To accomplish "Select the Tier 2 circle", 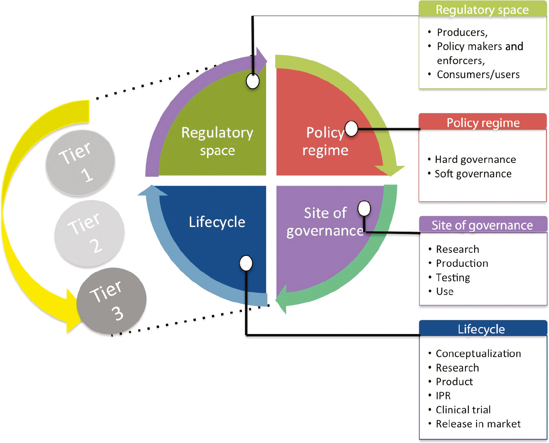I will coord(89,234).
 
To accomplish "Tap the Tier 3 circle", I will coord(111,301).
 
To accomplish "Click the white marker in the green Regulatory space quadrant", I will coord(252,81).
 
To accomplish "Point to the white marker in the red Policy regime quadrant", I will coord(351,129).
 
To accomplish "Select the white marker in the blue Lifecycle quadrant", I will coord(246,263).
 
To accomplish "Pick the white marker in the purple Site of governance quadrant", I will coord(364,209).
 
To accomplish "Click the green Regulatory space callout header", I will coord(482,9).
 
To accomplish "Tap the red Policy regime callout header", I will coord(483,122).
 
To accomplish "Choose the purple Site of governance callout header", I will coord(483,225).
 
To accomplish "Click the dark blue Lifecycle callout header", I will coord(483,329).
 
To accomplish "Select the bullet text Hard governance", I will coord(475,159).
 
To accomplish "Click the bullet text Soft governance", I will coord(473,173).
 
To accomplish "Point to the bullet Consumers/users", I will coord(478,74).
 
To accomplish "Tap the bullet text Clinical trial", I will coord(463,409).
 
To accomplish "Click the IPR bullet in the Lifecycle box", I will coord(443,395).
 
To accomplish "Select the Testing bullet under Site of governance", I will coord(452,277).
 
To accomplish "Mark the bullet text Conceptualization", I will coord(478,353).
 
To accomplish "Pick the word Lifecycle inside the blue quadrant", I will coord(217,222).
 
